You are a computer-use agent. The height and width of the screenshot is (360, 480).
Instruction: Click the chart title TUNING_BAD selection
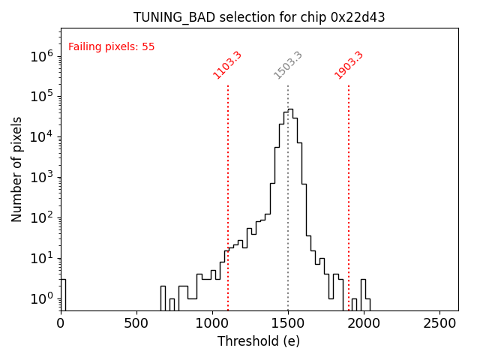coord(259,17)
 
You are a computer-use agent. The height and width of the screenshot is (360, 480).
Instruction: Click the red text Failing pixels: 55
coord(111,46)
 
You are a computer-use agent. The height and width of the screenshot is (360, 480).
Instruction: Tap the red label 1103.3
coord(228,64)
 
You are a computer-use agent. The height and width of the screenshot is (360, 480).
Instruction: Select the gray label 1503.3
coord(288,64)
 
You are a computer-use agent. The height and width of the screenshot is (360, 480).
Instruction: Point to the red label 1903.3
coord(349,64)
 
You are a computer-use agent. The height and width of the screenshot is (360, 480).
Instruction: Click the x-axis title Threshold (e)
coord(259,341)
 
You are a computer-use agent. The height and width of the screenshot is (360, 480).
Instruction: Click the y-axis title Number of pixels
coord(17,169)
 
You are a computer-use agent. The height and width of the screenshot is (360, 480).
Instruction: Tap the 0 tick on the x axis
coord(61,324)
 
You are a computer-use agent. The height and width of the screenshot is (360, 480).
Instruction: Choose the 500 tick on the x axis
coord(136,324)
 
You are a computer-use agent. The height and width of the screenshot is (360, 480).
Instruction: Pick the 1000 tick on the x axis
coord(212,324)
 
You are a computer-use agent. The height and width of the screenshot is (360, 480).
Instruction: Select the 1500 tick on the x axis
coord(288,324)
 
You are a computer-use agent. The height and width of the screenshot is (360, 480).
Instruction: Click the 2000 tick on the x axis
coord(364,324)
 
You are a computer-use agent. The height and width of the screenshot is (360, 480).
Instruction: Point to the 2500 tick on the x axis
coord(439,324)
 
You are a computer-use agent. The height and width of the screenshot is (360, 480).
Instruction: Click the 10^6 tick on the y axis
coord(41,55)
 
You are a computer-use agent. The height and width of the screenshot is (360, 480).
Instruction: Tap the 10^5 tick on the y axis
coord(41,96)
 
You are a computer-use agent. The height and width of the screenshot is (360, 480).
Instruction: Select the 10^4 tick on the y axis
coord(41,136)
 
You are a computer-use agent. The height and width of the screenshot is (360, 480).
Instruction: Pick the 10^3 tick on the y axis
coord(41,177)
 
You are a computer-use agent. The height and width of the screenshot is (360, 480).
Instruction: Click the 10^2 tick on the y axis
coord(41,217)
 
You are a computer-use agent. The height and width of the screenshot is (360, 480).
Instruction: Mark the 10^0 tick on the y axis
coord(41,298)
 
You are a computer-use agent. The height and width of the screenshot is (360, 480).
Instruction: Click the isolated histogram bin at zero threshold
coord(63,294)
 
